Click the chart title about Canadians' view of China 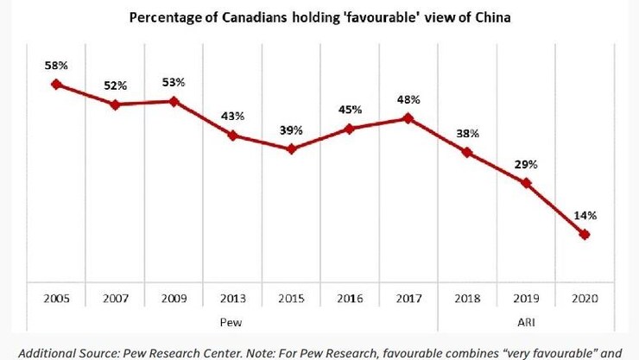coord(319,19)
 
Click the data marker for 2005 coord(56,84)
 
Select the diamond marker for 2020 coord(585,234)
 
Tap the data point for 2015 coord(291,148)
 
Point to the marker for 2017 coord(408,118)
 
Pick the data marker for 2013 coord(232,135)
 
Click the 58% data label coord(57,65)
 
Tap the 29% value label coord(526,163)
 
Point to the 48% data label coord(409,98)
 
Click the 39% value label coord(292,129)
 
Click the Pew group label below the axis coord(232,321)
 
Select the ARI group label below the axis coord(526,321)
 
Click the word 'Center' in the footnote coord(216,352)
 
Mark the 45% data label coord(351,109)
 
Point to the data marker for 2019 coord(526,183)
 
